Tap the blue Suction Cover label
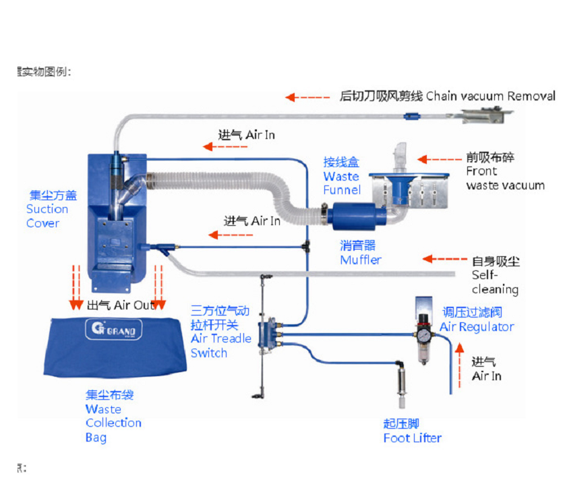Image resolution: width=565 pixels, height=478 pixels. coord(52,209)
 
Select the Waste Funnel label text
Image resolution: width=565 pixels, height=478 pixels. coord(341,176)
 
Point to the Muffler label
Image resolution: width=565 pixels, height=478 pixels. coord(361,253)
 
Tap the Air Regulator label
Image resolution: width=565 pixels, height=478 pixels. coord(476,320)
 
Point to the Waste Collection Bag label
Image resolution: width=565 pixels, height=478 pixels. coord(113,416)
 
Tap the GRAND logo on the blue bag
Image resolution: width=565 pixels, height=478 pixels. coord(114,330)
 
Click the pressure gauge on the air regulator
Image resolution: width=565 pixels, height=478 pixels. coord(423,332)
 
